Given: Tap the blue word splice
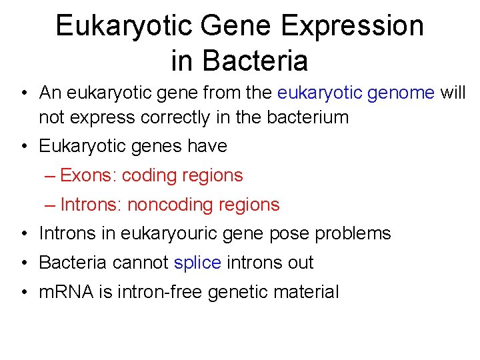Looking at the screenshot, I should click(x=197, y=263).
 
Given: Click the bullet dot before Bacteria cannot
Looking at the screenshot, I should click(x=23, y=263).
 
